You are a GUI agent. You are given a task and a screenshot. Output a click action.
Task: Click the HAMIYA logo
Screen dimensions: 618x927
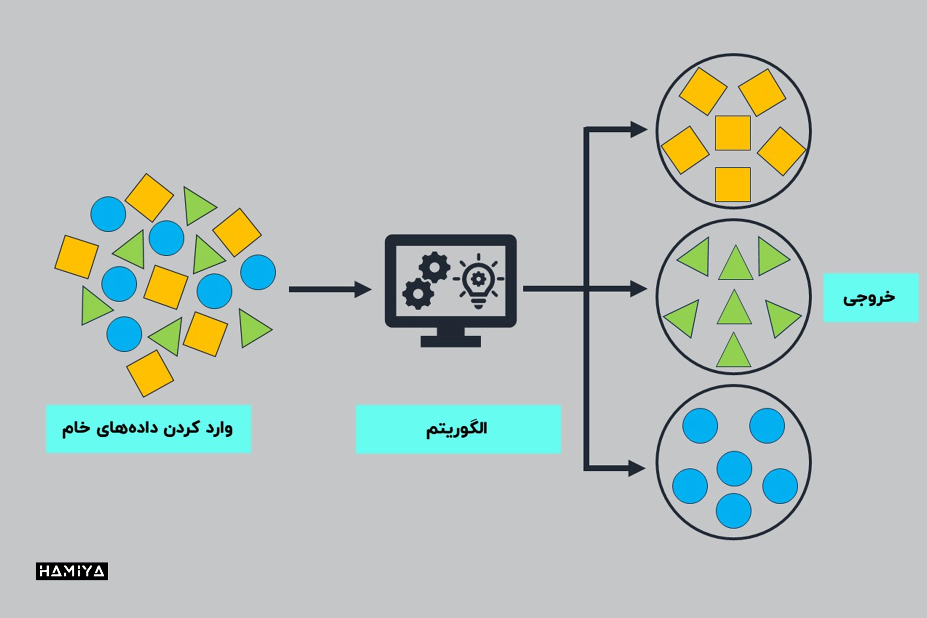point(71,571)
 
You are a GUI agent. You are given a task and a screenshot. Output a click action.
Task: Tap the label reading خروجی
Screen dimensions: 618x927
point(870,297)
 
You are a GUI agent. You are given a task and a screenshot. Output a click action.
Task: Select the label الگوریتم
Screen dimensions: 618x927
point(458,429)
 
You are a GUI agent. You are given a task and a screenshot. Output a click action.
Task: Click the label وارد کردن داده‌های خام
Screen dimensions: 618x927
point(148,429)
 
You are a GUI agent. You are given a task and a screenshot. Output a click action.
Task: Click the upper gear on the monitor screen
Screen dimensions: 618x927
point(434,267)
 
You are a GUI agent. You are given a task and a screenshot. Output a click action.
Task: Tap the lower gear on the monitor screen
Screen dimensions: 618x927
point(418,293)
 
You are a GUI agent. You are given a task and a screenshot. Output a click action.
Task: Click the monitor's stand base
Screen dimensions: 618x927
point(450,341)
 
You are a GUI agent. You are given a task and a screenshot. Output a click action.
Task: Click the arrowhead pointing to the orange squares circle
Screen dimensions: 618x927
point(638,129)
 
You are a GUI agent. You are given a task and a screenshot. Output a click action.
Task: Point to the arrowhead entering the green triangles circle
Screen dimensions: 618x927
point(638,289)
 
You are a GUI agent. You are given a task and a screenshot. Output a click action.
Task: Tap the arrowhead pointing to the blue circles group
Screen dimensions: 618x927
point(637,468)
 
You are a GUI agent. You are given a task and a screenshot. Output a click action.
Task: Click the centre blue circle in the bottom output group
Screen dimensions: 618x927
point(734,468)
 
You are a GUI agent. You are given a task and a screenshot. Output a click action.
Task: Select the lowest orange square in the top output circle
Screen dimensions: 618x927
point(732,184)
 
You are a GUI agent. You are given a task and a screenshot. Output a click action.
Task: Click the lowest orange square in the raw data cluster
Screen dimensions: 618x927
point(150,373)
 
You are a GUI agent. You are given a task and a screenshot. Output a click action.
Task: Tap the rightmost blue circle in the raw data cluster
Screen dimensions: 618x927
point(258,272)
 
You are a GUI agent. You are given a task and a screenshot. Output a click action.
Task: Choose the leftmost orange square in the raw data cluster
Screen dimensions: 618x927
point(76,257)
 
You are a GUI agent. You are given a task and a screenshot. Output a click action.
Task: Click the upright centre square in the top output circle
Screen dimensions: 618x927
point(732,133)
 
